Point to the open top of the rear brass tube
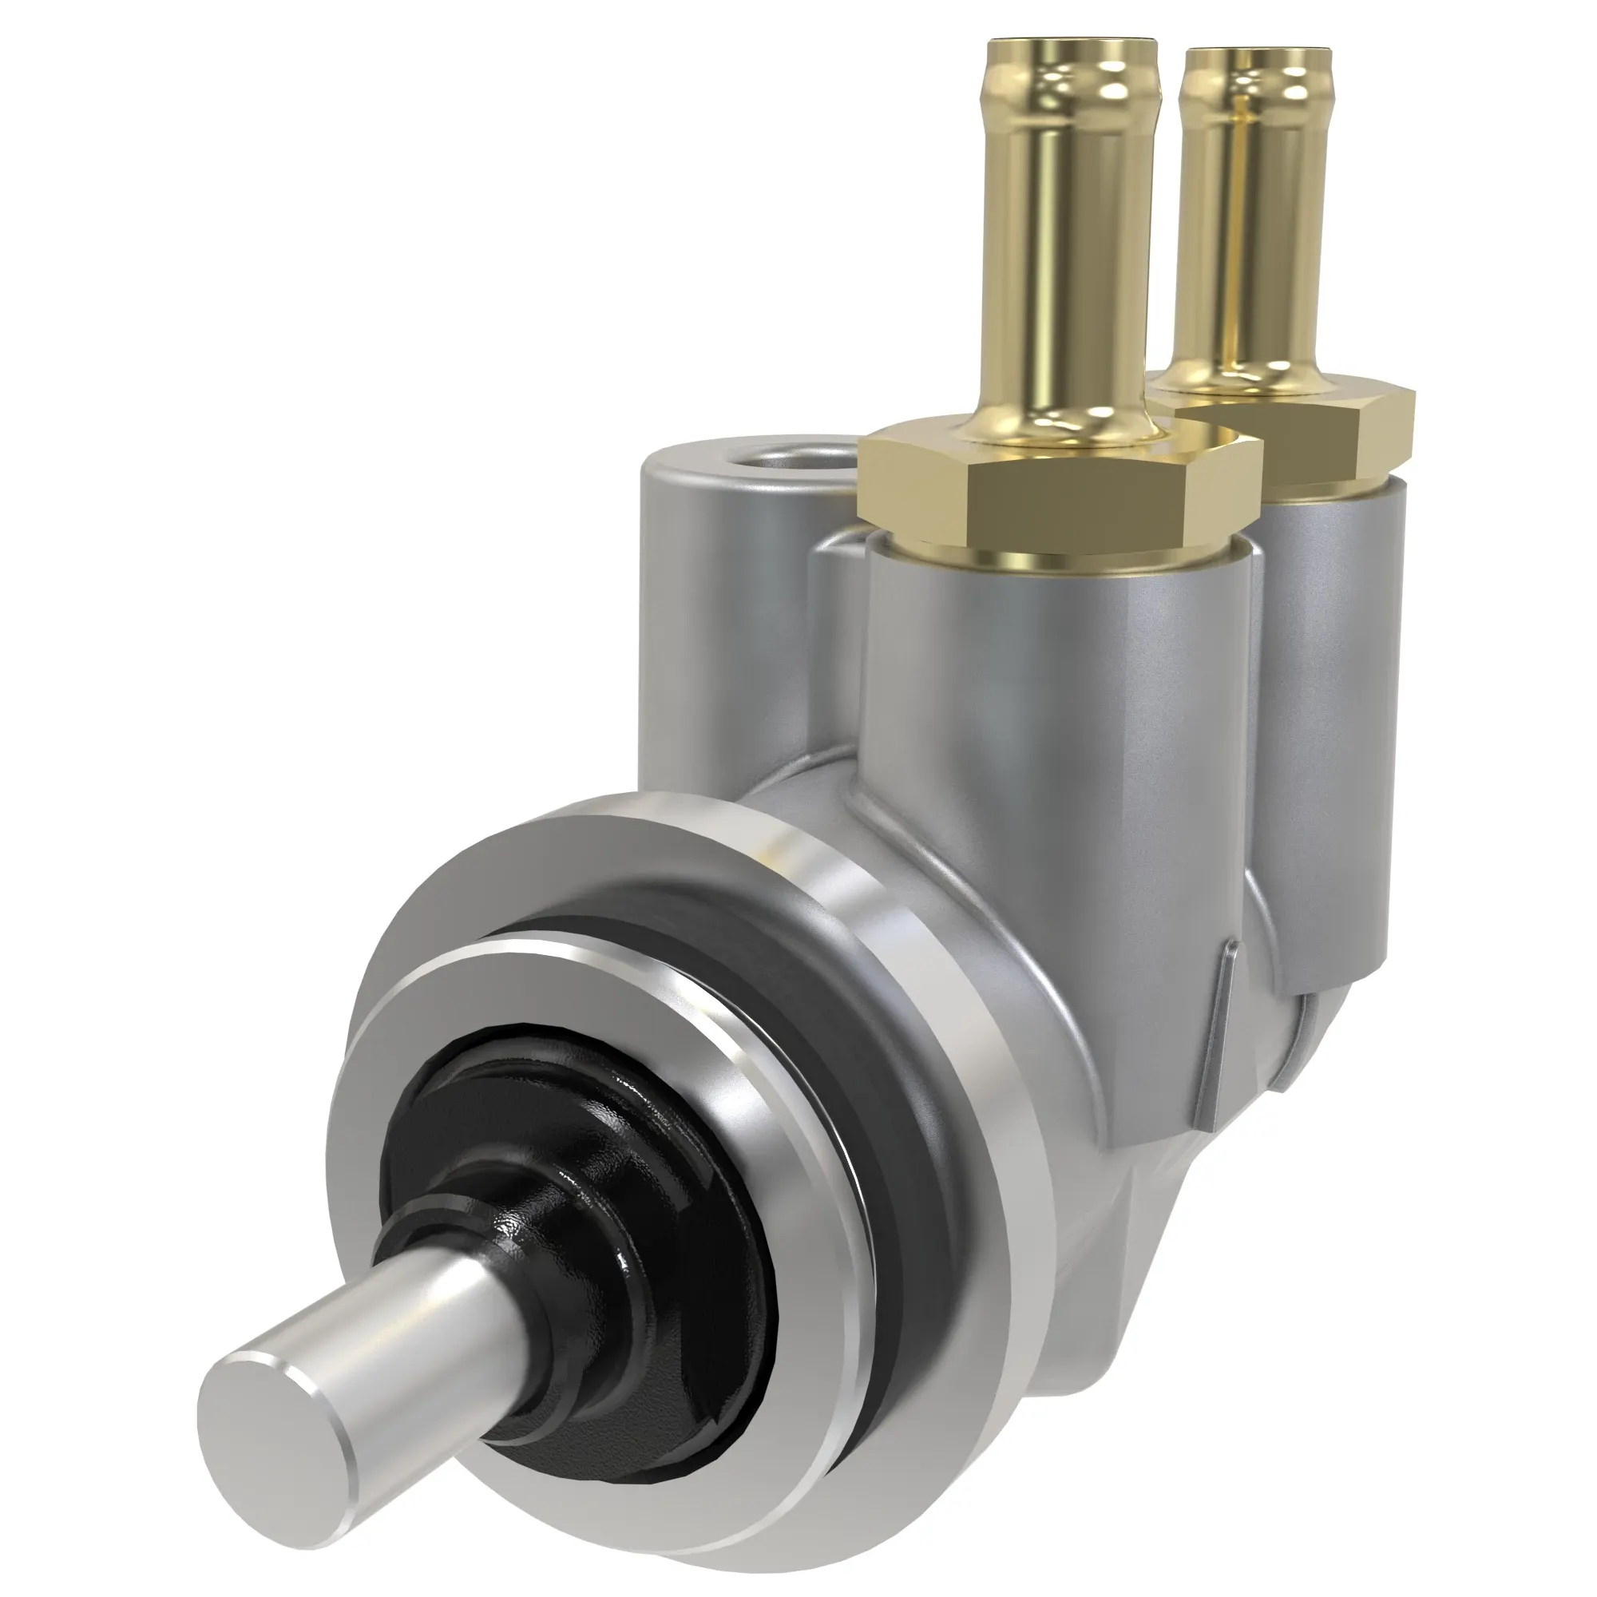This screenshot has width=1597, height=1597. click(x=1256, y=54)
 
